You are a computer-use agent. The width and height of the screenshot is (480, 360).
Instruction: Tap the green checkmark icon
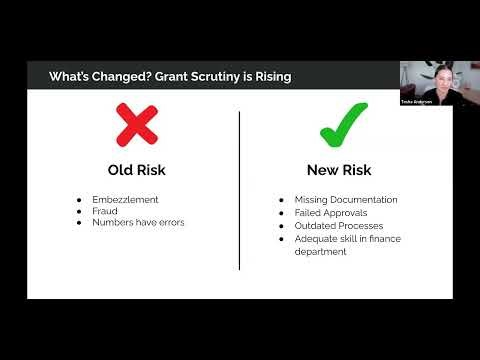[343, 124]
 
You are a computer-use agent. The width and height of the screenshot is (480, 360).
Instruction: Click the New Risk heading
[340, 169]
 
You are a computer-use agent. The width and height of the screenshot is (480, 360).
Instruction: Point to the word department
[319, 252]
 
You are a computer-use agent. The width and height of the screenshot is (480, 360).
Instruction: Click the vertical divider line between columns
[240, 190]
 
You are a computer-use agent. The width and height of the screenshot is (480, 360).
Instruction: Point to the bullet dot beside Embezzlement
[79, 199]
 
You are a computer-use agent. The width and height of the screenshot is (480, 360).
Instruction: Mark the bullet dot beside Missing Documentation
[283, 200]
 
